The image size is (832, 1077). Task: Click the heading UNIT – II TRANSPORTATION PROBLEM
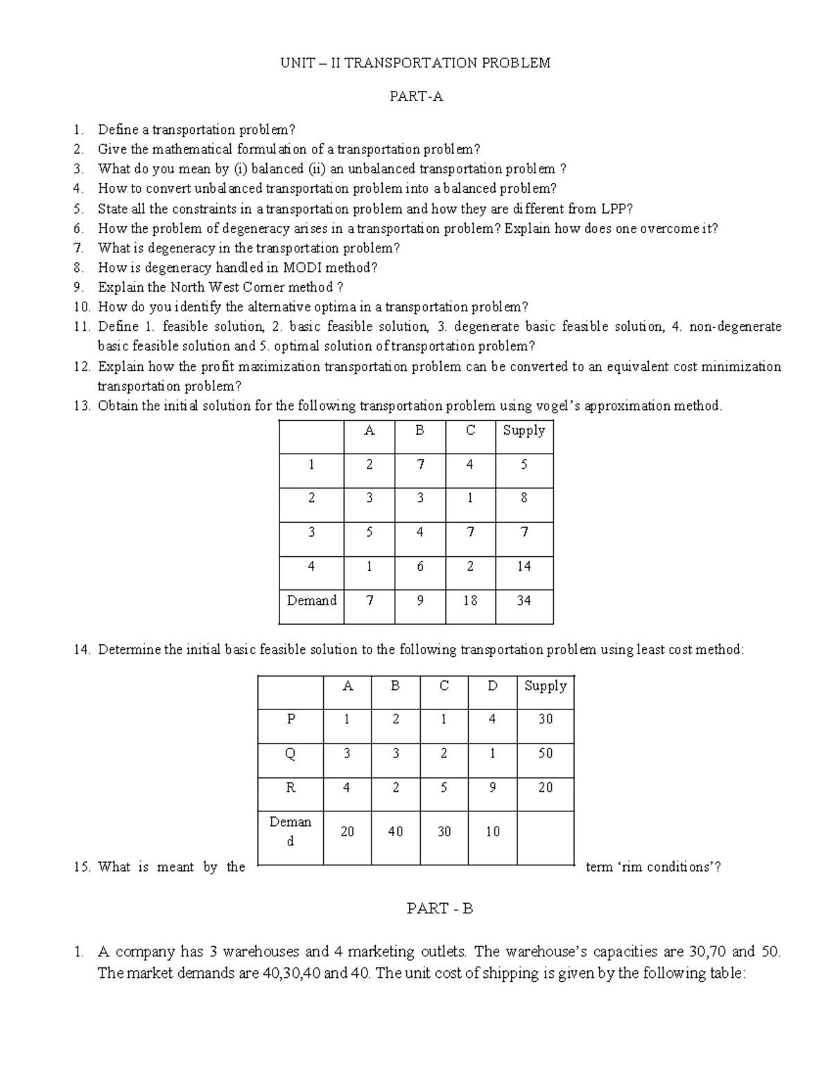point(415,63)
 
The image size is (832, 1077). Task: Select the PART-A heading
point(416,97)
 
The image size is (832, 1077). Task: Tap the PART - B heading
point(440,908)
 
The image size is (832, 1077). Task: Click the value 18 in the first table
point(470,601)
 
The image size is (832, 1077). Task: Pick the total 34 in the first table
point(524,601)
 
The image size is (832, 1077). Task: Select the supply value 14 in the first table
point(524,567)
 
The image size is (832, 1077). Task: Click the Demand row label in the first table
point(312,601)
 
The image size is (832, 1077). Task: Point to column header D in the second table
point(492,686)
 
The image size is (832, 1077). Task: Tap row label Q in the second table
point(291,754)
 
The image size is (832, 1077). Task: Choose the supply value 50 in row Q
point(546,754)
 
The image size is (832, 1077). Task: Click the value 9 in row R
point(492,788)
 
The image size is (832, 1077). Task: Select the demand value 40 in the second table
point(396,832)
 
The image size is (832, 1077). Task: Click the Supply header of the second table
point(546,686)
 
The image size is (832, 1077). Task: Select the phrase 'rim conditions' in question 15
point(664,867)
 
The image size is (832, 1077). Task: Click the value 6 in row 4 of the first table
point(420,567)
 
